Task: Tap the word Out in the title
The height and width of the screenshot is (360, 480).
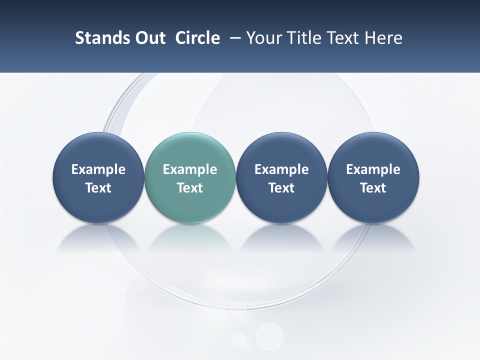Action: tap(148, 38)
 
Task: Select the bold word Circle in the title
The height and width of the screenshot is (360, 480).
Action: tap(197, 38)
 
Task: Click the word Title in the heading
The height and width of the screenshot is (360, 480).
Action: tap(306, 38)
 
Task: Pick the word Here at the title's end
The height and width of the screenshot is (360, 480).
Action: tap(383, 38)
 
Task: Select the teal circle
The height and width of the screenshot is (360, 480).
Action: tap(190, 177)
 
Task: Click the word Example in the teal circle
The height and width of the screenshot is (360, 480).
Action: tap(190, 169)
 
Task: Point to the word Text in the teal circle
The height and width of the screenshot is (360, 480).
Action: tap(190, 188)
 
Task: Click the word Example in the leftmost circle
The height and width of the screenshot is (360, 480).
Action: tap(98, 169)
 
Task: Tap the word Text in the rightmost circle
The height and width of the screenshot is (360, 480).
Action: tap(373, 188)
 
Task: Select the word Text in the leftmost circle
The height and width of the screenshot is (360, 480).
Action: tap(98, 188)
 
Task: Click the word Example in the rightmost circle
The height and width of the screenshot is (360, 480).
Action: tap(373, 169)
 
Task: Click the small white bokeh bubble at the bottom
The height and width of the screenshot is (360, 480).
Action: tap(269, 336)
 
